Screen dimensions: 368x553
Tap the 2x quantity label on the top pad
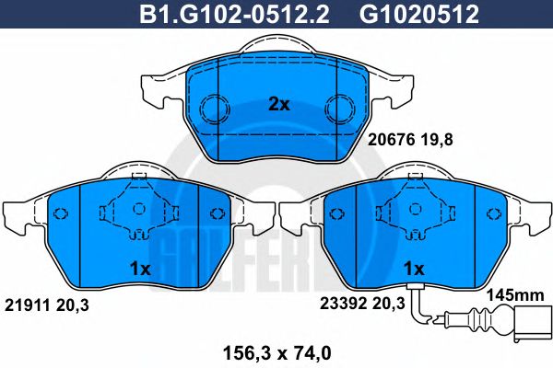[x=278, y=104]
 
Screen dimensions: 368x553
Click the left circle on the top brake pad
[x=214, y=108]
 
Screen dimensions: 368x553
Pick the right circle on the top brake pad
[x=339, y=108]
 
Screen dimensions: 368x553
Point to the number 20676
[x=387, y=140]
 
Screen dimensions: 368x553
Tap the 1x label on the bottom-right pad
[x=414, y=270]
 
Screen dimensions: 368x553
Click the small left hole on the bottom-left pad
[x=63, y=215]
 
